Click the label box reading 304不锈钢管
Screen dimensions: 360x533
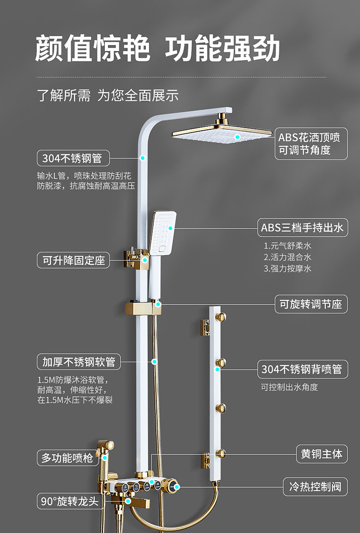[x=73, y=158]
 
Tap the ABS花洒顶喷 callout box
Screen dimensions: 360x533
[x=311, y=143]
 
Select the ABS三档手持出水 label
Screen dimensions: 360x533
[x=303, y=227]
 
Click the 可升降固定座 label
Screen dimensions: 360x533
[x=73, y=260]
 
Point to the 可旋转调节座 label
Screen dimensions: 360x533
[x=311, y=304]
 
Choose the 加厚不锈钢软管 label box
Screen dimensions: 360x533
[x=78, y=362]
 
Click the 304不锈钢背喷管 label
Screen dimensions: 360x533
[x=303, y=369]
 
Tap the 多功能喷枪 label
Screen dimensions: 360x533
[x=67, y=458]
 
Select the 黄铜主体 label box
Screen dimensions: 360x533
[x=322, y=454]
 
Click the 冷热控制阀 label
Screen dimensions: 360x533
[x=315, y=487]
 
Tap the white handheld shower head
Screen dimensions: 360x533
[x=163, y=233]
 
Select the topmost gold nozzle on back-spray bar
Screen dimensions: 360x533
[x=221, y=317]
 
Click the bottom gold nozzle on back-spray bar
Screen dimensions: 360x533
[x=221, y=453]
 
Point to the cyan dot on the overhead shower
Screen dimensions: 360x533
[x=237, y=137]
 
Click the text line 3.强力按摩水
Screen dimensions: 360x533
[x=288, y=268]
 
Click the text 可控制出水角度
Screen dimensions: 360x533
[x=289, y=387]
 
